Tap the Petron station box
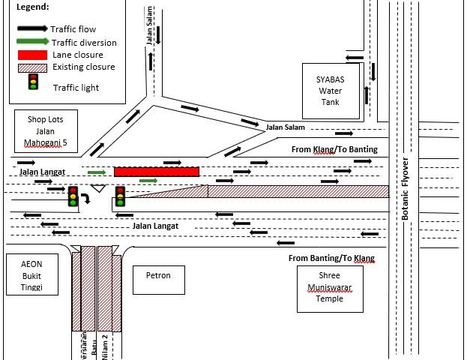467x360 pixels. (158, 279)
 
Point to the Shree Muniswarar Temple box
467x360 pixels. (330, 288)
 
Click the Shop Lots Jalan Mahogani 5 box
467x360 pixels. (46, 130)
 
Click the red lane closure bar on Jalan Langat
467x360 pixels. (157, 172)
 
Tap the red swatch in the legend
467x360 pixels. (33, 55)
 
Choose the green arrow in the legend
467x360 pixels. (33, 43)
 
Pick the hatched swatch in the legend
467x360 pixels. (33, 67)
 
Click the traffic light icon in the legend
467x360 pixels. (33, 82)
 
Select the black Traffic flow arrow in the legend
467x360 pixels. (33, 29)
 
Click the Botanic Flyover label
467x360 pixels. (405, 187)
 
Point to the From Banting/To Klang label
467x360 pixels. (331, 259)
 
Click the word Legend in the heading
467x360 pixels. (32, 7)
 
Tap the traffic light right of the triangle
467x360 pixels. (120, 196)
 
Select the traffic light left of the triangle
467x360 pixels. (73, 196)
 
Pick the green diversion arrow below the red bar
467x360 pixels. (148, 181)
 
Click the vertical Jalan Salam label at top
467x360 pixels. (151, 31)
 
